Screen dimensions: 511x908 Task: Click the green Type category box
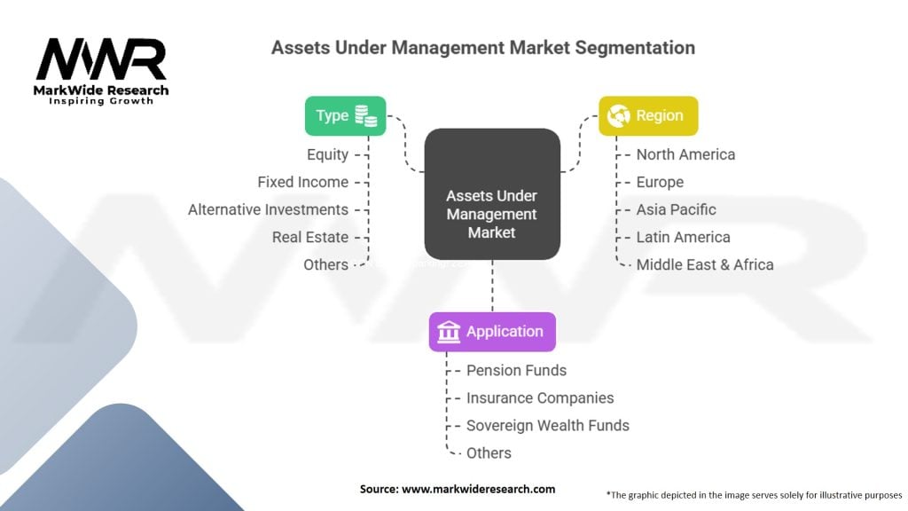[345, 115]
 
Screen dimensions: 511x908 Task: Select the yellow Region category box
[648, 115]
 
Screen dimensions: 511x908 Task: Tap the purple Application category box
[492, 332]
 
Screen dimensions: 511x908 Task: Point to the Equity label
[327, 154]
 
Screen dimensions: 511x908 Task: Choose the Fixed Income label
[302, 182]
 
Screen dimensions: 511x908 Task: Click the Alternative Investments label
[268, 209]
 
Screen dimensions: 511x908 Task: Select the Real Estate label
[309, 237]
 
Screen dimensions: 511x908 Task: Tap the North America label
[685, 154]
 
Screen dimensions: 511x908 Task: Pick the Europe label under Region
[660, 182]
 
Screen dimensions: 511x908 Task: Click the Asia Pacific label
[676, 209]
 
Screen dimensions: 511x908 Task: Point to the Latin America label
[683, 237]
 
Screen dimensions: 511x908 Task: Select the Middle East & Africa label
[704, 264]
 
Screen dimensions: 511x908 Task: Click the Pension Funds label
[516, 370]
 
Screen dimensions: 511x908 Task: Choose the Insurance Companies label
[540, 397]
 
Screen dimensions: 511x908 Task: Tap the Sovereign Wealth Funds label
[547, 425]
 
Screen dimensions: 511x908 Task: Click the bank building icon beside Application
[449, 332]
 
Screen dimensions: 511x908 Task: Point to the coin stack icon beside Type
[365, 115]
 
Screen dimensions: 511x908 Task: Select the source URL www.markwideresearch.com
[457, 489]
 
